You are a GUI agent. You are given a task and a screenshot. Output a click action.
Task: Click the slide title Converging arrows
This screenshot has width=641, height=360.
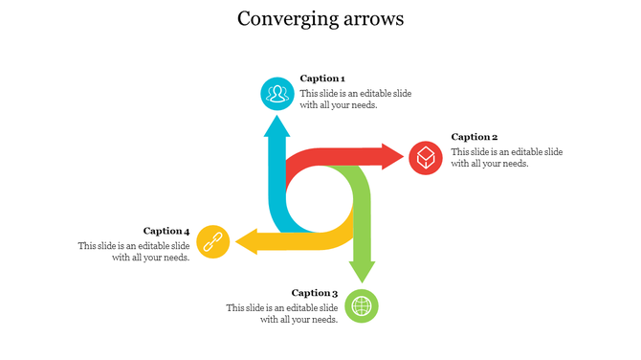click(320, 19)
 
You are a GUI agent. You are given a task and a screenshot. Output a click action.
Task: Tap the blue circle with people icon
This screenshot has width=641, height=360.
click(277, 93)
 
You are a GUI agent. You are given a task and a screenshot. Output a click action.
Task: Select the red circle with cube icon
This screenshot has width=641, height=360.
click(426, 157)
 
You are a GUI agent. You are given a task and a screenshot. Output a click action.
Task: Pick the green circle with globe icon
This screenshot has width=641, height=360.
click(362, 306)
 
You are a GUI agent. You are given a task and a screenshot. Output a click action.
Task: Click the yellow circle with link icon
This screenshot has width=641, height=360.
click(213, 242)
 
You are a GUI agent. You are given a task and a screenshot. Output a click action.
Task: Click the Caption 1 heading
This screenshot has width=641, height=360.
click(322, 79)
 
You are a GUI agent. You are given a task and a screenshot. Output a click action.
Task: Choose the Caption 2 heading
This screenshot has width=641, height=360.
click(475, 137)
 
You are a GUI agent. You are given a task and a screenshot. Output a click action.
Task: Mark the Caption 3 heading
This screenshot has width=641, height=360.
click(315, 293)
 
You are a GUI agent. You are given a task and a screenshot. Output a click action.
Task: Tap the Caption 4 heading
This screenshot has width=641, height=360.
click(166, 231)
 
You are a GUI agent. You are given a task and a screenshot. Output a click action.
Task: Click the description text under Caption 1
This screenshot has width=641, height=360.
click(355, 100)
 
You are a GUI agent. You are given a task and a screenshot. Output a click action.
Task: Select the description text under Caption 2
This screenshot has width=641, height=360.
click(506, 158)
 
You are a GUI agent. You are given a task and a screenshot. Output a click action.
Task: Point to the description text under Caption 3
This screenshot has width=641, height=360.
click(282, 314)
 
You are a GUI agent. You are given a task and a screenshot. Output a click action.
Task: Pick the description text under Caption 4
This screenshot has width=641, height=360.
click(134, 251)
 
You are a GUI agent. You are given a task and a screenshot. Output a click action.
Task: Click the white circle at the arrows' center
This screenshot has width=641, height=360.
click(320, 199)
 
